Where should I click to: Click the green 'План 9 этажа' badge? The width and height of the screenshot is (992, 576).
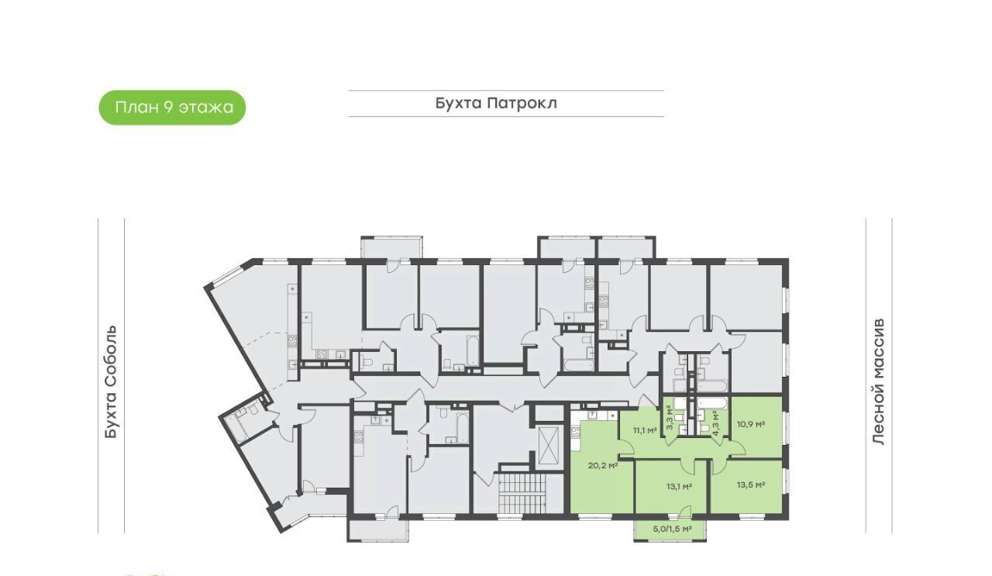point(172,108)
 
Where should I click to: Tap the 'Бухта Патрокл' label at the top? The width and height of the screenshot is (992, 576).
point(496,103)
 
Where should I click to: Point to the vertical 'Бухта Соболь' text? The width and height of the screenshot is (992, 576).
point(111,382)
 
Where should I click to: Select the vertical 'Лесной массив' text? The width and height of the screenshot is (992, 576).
point(879,381)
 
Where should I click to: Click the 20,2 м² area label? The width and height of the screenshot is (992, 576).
point(603,465)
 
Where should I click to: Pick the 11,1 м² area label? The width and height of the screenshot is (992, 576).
point(645,430)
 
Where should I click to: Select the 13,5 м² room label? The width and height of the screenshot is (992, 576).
point(751,485)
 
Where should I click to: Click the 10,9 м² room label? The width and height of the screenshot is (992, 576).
point(751,424)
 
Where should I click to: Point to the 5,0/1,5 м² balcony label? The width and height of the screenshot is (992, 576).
point(672,529)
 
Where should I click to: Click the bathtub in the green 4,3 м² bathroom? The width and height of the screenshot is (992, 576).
point(711,405)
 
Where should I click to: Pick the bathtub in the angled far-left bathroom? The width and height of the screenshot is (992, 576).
point(235,429)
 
